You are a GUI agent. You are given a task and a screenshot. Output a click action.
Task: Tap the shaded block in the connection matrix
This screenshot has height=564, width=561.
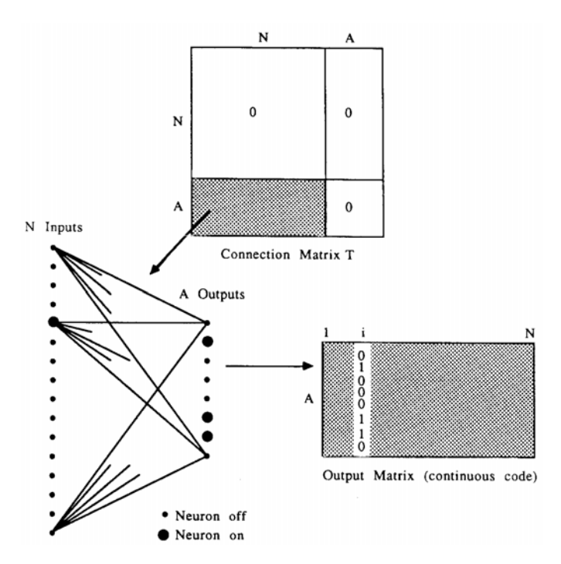257,207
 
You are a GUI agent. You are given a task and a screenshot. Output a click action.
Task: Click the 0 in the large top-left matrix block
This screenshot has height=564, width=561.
253,114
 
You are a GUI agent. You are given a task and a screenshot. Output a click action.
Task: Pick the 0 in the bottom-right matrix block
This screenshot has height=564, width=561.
350,208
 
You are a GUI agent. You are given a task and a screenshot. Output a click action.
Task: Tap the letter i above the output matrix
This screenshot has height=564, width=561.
361,332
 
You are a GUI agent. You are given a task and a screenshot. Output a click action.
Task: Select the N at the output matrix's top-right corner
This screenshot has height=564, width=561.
529,332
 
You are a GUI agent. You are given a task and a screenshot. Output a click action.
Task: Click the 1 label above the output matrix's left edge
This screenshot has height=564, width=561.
327,332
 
